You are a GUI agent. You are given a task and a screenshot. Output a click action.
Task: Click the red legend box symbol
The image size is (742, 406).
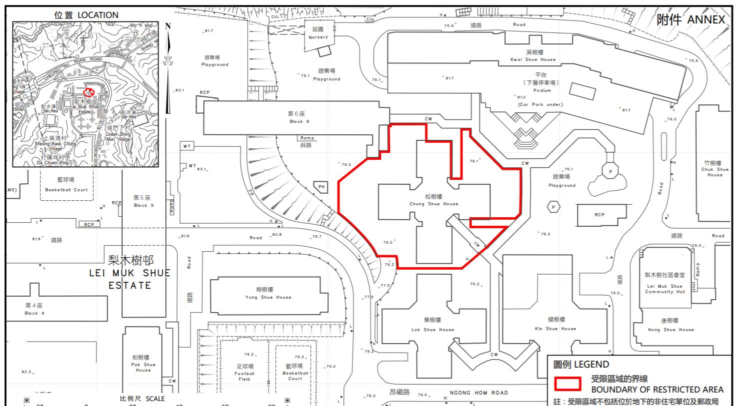coord(567,384)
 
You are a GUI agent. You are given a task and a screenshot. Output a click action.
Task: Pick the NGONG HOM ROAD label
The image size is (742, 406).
coord(478,393)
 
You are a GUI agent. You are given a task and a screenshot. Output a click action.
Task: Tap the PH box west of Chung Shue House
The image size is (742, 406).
coord(321,187)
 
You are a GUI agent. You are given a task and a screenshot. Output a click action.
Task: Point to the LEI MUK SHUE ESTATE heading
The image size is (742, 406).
coord(130,273)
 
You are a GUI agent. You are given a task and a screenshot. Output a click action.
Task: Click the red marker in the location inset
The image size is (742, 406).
coord(89,92)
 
